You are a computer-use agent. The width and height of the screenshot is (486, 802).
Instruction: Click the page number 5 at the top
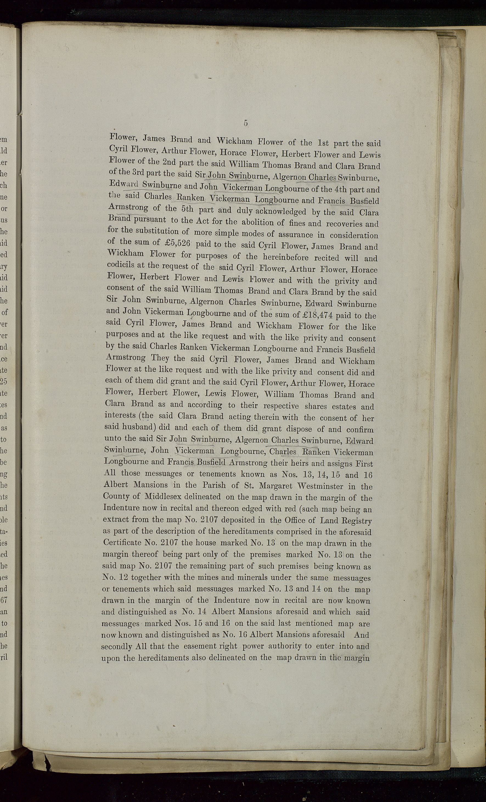tap(246, 123)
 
